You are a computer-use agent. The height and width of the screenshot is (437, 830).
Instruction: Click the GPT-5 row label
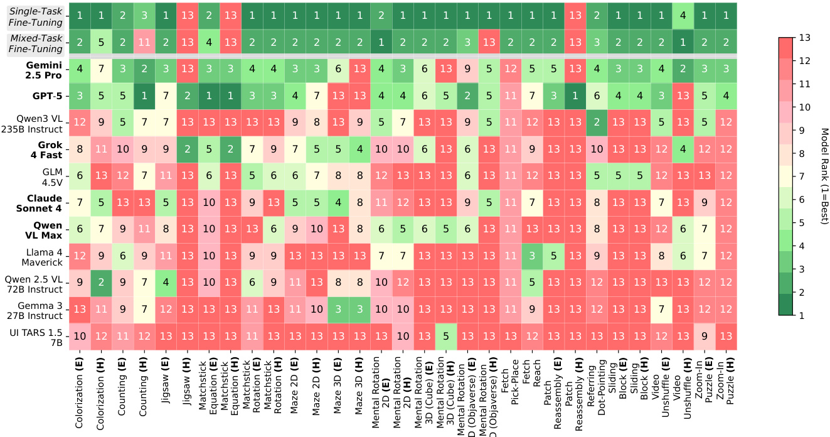[x=44, y=95]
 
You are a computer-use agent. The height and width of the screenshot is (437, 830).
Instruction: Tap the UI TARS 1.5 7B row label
[x=39, y=335]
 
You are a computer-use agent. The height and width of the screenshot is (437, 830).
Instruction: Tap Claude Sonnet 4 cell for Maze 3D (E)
[x=339, y=202]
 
